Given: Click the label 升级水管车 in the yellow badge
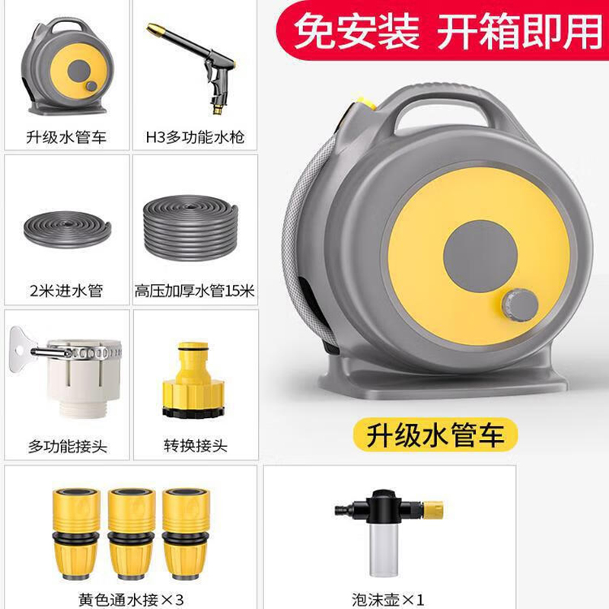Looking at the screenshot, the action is (x=435, y=435).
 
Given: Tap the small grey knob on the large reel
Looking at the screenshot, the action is (x=520, y=305).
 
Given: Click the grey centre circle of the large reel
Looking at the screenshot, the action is (x=480, y=257).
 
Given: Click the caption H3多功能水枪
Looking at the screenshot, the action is (x=195, y=138).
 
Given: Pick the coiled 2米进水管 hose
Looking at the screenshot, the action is (x=67, y=229).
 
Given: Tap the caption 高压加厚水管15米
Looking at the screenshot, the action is (x=195, y=291).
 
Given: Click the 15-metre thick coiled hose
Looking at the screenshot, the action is (x=190, y=228).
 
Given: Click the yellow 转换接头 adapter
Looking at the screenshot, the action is (x=193, y=380).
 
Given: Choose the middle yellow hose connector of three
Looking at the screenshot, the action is (x=132, y=534).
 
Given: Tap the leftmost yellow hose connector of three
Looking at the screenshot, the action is (x=77, y=534).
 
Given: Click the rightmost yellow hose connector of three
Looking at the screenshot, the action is (x=187, y=534).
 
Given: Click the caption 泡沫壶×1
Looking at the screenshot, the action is (x=387, y=600).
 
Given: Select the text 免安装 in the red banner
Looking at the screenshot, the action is (x=356, y=31).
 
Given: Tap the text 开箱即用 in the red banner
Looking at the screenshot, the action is (x=520, y=31).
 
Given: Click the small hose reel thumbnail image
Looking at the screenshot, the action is (x=67, y=67).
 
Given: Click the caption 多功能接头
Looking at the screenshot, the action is (x=67, y=446).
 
